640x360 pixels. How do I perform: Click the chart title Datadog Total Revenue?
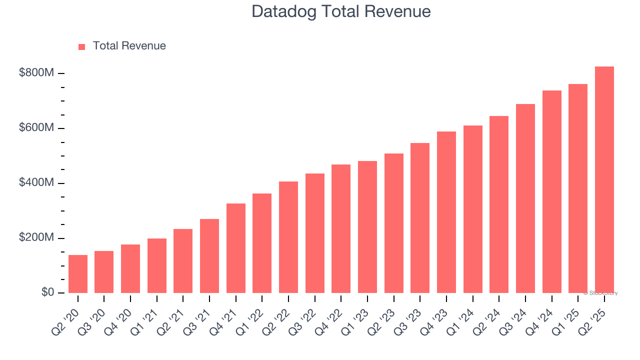pyautogui.click(x=341, y=11)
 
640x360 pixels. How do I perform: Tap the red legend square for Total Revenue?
pyautogui.click(x=82, y=46)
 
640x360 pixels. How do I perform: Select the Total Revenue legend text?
pyautogui.click(x=129, y=46)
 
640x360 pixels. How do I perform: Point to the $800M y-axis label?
pyautogui.click(x=36, y=73)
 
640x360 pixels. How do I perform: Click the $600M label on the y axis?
pyautogui.click(x=36, y=128)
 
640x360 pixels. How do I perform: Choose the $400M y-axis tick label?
pyautogui.click(x=36, y=183)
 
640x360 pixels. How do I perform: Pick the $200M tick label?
pyautogui.click(x=36, y=238)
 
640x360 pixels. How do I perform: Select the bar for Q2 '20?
pyautogui.click(x=78, y=274)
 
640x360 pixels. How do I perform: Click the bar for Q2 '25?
pyautogui.click(x=604, y=180)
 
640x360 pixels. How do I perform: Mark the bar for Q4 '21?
pyautogui.click(x=236, y=248)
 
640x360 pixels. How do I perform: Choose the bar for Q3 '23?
pyautogui.click(x=420, y=218)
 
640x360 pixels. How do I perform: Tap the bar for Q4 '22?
pyautogui.click(x=341, y=228)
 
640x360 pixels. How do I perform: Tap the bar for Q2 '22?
pyautogui.click(x=288, y=237)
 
